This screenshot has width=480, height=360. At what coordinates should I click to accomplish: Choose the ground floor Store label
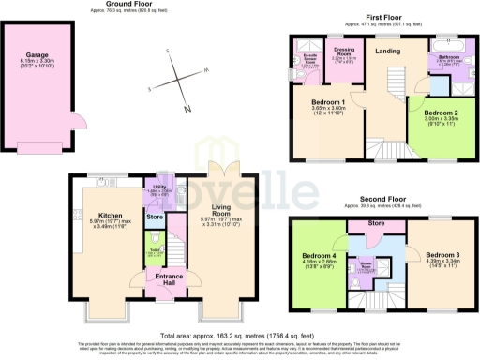click(155, 218)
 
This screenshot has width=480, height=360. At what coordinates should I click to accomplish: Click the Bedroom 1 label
click(330, 101)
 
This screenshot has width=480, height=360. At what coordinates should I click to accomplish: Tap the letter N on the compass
click(187, 110)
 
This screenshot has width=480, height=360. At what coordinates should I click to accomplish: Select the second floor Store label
click(376, 224)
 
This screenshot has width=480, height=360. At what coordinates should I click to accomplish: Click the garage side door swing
click(78, 119)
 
